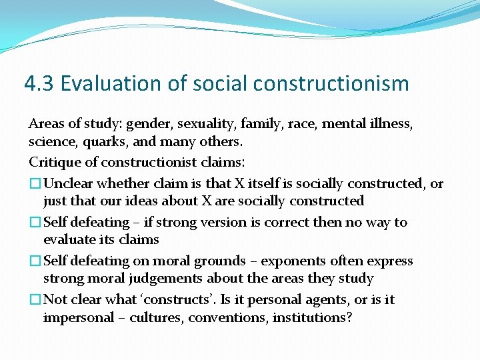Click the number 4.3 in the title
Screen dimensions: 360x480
(x=39, y=83)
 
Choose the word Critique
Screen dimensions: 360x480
(x=53, y=162)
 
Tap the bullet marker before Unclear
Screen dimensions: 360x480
(x=35, y=183)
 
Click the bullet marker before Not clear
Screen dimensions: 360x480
(x=35, y=299)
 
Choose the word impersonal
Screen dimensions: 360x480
(x=75, y=317)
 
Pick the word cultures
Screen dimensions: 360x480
(x=156, y=317)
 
